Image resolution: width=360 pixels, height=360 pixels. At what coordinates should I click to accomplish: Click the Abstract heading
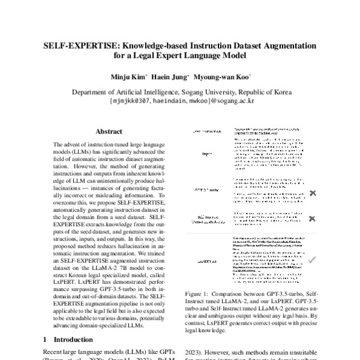(x=109, y=131)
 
